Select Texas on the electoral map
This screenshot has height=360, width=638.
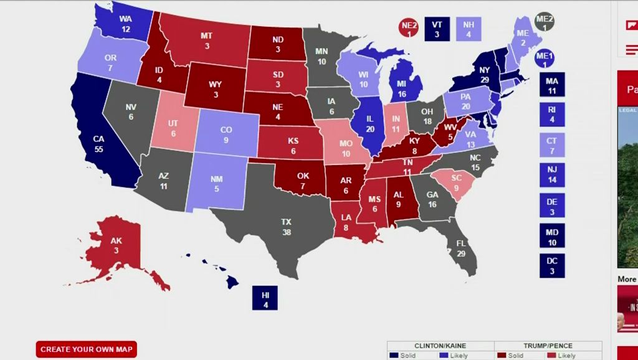286,227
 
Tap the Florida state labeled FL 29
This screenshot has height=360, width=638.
461,249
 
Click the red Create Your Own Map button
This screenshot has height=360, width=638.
86,349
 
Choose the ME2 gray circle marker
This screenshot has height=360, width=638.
545,22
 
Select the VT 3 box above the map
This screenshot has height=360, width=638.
437,29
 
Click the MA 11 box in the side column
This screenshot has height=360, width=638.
552,85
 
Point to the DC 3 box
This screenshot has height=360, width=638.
552,265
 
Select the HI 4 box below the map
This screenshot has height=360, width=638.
265,298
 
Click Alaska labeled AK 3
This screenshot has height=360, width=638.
116,245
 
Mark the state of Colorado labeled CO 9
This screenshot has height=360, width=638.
227,135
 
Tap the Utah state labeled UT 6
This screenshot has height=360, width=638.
174,128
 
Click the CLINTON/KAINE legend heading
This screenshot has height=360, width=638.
440,346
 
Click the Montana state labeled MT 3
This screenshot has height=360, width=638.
206,40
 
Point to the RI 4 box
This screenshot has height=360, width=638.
552,115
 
